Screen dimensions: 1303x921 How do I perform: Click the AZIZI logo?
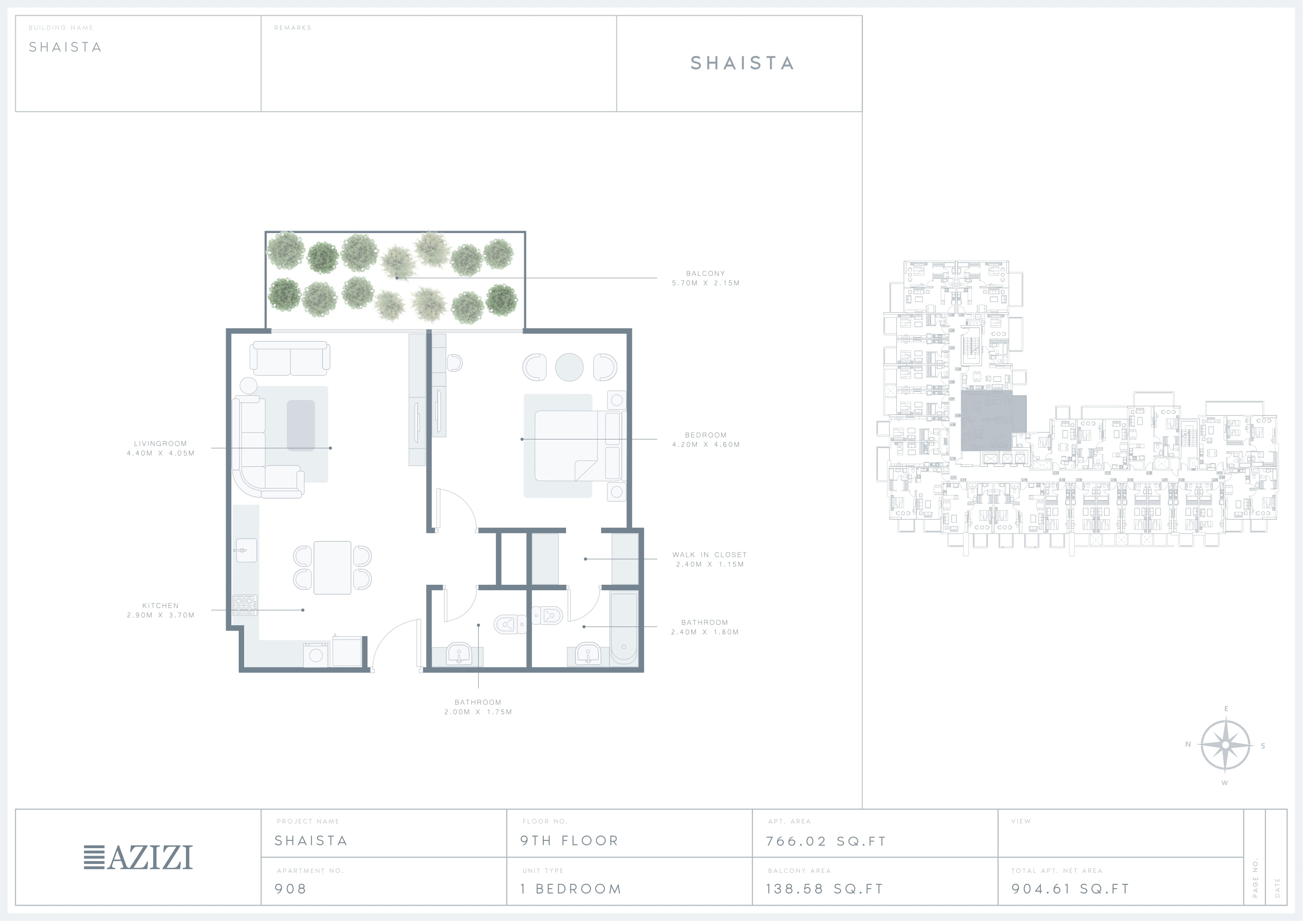[x=138, y=858]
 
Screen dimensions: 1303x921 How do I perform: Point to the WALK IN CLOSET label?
[x=709, y=555]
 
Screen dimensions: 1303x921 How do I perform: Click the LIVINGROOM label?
[x=161, y=444]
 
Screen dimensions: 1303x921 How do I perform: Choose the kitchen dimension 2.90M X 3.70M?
[x=161, y=615]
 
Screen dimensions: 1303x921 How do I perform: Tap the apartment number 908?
[x=291, y=889]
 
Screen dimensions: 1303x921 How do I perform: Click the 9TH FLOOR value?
[x=569, y=840]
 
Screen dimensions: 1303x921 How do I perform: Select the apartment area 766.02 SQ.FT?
[x=826, y=841]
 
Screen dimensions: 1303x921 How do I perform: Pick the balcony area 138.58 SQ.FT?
[x=824, y=889]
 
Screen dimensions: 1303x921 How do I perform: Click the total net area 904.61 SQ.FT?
[x=1070, y=889]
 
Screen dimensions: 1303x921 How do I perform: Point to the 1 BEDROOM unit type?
[x=571, y=889]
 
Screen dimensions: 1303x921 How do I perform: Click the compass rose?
[x=1225, y=745]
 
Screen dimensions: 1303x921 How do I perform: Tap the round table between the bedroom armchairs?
[x=569, y=367]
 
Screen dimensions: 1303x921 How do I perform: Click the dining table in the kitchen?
[x=332, y=567]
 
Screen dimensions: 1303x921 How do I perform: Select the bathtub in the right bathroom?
[x=624, y=628]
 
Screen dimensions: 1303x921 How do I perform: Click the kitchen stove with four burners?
[x=245, y=605]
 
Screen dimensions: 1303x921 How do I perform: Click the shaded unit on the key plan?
[x=993, y=423]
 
